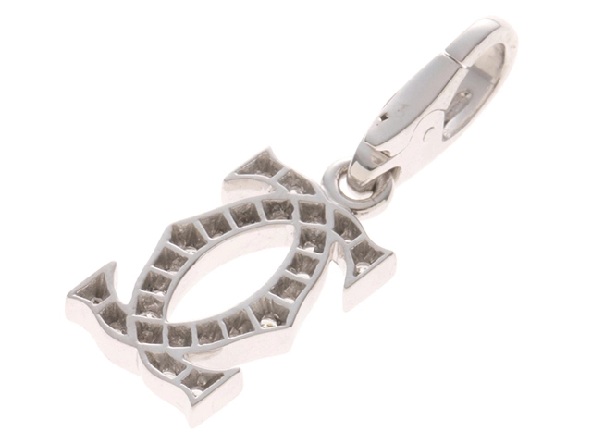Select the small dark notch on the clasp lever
[x=387, y=121]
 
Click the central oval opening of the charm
[x=236, y=273]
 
